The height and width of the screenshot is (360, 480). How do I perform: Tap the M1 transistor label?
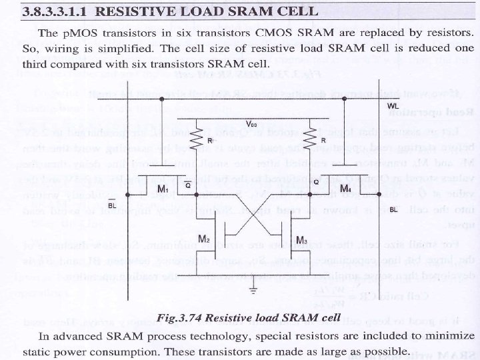tap(162, 190)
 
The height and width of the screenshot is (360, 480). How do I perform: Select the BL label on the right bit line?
tap(393, 209)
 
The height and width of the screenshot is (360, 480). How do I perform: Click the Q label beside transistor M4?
tap(315, 181)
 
